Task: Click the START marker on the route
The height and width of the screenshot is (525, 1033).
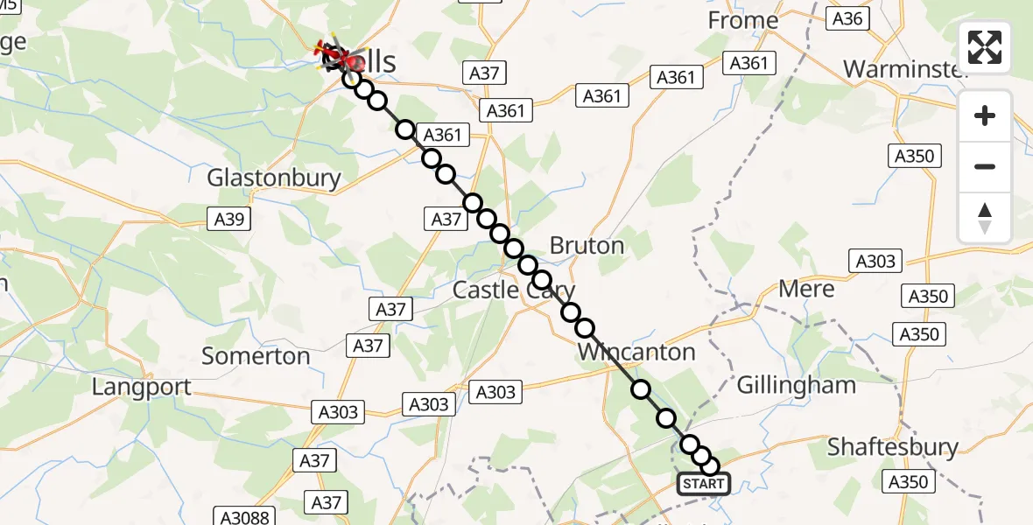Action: click(703, 484)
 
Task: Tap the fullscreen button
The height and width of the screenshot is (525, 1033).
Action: click(985, 47)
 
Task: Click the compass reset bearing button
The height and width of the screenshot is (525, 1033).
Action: click(985, 217)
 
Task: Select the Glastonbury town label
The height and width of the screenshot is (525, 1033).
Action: click(274, 178)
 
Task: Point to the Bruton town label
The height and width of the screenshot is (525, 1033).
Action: click(587, 246)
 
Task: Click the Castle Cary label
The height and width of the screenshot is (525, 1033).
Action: click(514, 290)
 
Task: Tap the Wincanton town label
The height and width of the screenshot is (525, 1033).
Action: click(636, 353)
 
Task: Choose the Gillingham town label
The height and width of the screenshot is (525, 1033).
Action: click(796, 385)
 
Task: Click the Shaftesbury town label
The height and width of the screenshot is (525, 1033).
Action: click(893, 447)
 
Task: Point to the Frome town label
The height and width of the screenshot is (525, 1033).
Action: click(742, 20)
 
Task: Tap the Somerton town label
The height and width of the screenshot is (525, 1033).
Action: click(256, 356)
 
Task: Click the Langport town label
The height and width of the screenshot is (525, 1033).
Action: click(142, 387)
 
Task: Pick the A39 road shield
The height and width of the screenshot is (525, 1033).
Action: click(229, 220)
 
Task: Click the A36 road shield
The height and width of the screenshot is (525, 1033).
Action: click(848, 19)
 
